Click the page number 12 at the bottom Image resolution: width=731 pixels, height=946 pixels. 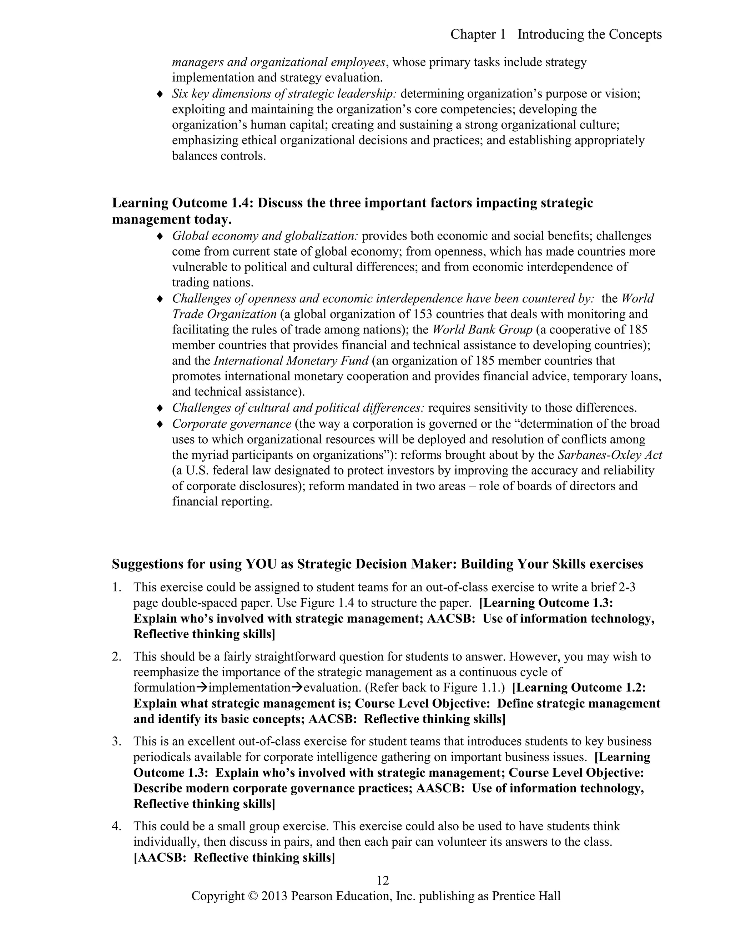(383, 880)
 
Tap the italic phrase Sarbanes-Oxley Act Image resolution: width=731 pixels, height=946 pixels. (610, 455)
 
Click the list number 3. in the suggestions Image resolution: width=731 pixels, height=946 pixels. (116, 741)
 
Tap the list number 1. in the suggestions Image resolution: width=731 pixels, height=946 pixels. (116, 587)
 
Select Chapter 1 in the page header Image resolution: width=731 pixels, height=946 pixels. (478, 34)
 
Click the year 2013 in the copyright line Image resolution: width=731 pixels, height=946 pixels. (274, 896)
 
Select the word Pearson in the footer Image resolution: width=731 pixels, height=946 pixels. (313, 896)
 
